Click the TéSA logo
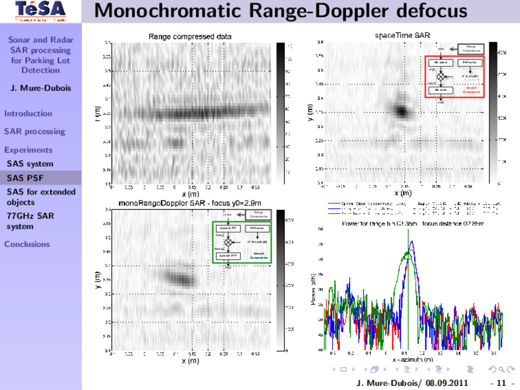(x=40, y=11)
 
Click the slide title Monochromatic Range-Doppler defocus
(x=280, y=11)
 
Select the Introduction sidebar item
(x=28, y=113)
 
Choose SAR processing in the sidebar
(x=35, y=132)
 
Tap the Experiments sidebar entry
(x=28, y=150)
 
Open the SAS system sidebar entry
(x=30, y=164)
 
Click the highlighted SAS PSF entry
(x=25, y=178)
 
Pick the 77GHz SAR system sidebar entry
(x=30, y=221)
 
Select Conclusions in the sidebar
(x=27, y=244)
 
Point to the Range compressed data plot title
(x=189, y=37)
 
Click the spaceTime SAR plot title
(x=402, y=36)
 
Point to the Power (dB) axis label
(x=313, y=289)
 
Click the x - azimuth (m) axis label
(x=412, y=359)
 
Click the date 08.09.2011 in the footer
(x=447, y=382)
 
